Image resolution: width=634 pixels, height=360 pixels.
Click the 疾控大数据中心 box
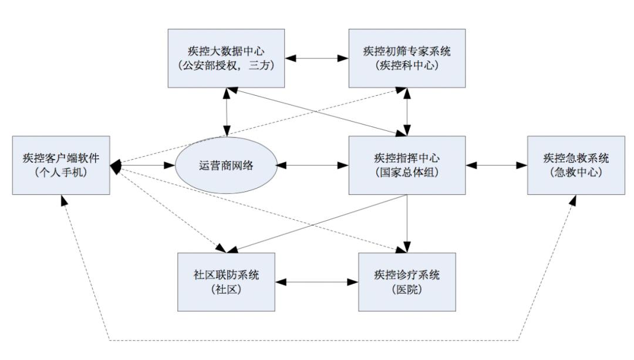pos(226,58)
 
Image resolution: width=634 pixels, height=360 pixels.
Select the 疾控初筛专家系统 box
pos(407,58)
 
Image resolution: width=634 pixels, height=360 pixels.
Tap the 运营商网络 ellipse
pos(226,165)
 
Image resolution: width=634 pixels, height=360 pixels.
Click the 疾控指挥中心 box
pos(407,165)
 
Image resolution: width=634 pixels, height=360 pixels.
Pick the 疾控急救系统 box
pos(576,165)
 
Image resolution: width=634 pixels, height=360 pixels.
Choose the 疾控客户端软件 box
pos(61,165)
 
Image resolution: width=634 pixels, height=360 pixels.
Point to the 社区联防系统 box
pos(226,282)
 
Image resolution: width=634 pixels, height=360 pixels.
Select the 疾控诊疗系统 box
pos(407,282)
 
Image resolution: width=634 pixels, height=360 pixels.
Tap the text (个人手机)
pos(61,172)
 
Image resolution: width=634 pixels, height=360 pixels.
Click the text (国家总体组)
pos(407,172)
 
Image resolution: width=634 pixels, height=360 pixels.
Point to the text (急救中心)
pos(576,172)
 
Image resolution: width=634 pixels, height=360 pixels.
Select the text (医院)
pos(407,289)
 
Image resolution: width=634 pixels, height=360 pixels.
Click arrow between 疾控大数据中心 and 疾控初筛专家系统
pos(316,58)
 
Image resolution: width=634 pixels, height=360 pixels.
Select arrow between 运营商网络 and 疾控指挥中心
pos(312,165)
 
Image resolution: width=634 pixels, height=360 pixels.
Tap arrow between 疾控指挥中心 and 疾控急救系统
pos(497,165)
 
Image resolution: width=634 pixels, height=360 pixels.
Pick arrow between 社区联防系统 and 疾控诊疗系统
pos(316,282)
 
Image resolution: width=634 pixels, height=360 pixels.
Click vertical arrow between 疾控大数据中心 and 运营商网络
pos(227,112)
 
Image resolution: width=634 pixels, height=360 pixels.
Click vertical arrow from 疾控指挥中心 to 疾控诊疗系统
pos(407,224)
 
